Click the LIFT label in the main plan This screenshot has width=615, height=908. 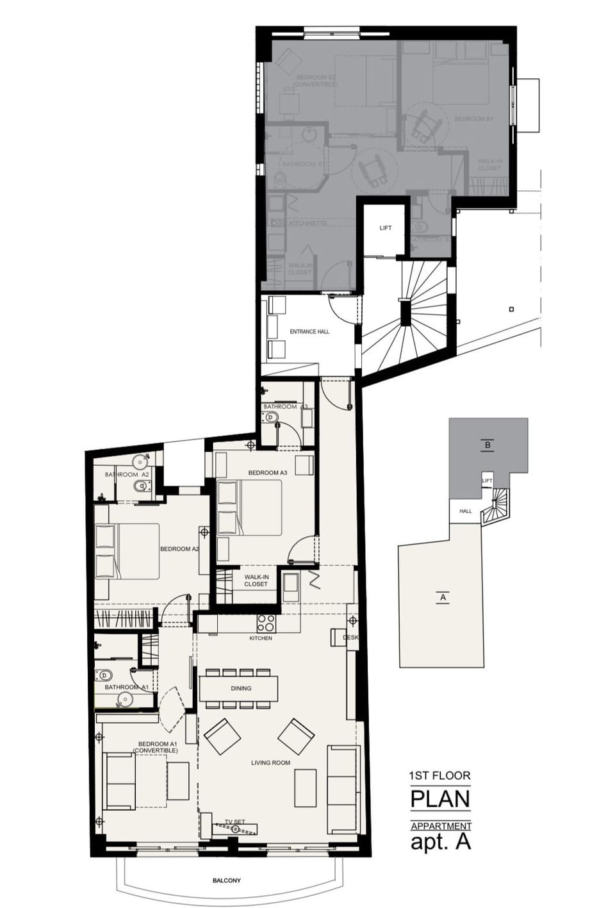[385, 228]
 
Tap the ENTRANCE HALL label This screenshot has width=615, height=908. [309, 332]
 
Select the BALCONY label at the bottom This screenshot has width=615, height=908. [227, 880]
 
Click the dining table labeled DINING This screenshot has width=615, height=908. [239, 689]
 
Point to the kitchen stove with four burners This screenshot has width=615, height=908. [266, 623]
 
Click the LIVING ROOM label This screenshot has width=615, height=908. [270, 763]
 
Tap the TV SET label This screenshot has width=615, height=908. [235, 821]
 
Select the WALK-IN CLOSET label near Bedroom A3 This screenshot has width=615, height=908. [256, 581]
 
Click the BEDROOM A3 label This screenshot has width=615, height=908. [268, 473]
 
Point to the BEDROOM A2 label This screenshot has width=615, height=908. [179, 549]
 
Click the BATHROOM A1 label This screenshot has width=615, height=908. [126, 687]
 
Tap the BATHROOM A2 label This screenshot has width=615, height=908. [127, 474]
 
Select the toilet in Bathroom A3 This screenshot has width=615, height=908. [270, 417]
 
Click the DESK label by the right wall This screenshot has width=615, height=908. [350, 638]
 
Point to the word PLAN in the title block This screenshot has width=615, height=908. [440, 799]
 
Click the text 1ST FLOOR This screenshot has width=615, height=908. [439, 775]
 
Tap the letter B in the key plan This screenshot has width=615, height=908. [488, 445]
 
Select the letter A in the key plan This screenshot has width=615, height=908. [442, 598]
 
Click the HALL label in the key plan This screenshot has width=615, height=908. [465, 511]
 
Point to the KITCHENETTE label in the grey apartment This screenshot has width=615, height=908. [308, 224]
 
